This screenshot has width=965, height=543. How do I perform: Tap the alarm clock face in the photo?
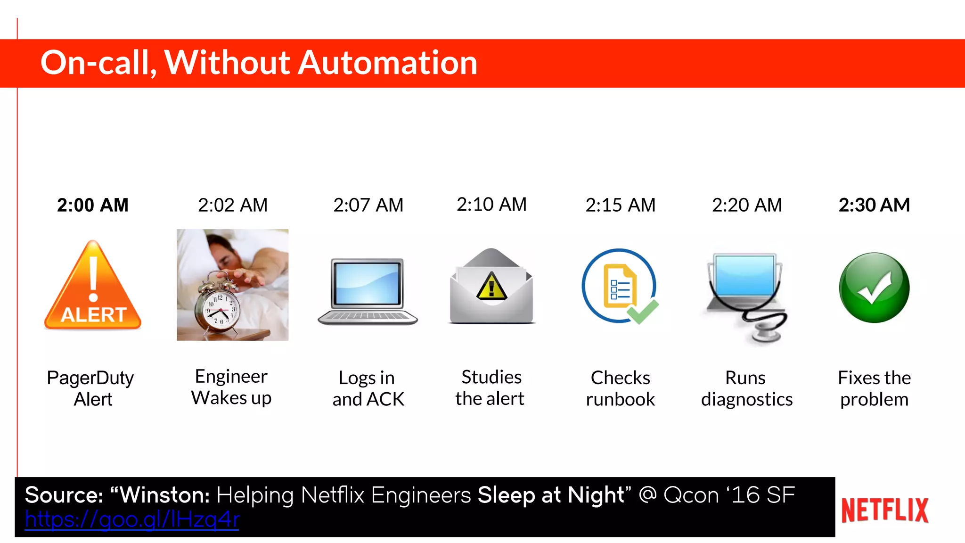point(220,309)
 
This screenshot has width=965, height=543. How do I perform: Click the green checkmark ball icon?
point(874,288)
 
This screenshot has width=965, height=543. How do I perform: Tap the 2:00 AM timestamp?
point(93,205)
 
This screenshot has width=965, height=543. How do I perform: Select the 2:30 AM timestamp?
point(874,205)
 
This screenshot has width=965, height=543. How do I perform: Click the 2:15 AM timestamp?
point(621,205)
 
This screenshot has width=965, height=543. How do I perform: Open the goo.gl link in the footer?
point(132,519)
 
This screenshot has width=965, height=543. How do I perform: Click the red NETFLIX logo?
point(885,510)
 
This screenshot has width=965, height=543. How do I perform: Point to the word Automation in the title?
point(388,63)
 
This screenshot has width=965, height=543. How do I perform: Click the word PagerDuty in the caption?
point(90,378)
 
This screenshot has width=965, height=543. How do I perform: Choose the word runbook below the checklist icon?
point(621,399)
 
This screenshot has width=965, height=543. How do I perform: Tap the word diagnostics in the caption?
point(747,399)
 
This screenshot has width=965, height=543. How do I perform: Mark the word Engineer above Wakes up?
point(231,377)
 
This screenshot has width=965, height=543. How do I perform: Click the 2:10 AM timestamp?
point(491,205)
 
